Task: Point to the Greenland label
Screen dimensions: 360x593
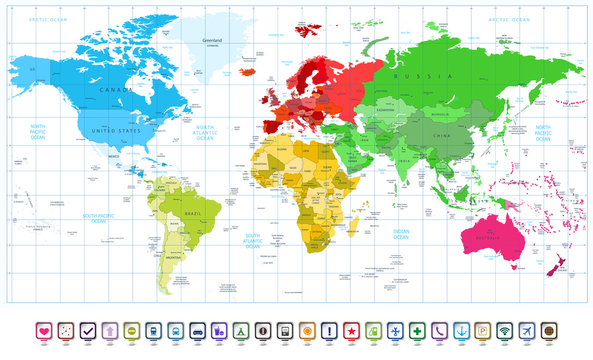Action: click(212, 41)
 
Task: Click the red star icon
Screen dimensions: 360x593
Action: click(354, 331)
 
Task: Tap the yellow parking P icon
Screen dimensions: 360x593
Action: click(483, 331)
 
